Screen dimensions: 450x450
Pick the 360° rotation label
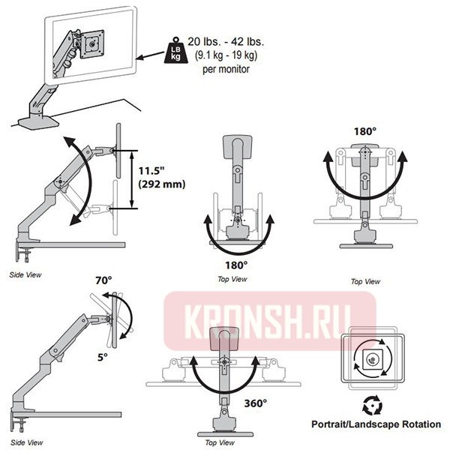(255, 403)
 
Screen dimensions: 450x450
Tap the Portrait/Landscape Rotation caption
(376, 424)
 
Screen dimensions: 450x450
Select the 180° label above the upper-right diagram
(364, 131)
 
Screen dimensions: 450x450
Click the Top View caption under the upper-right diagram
(365, 281)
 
